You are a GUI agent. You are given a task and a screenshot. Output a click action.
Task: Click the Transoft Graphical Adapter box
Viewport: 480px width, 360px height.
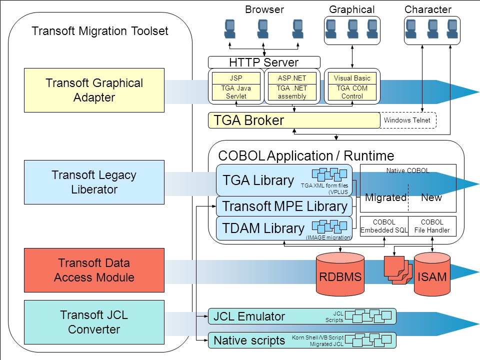pyautogui.click(x=94, y=90)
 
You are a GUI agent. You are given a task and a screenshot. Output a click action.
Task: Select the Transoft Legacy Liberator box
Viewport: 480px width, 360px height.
pyautogui.click(x=94, y=182)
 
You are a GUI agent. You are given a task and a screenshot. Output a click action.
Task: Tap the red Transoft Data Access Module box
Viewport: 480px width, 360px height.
pyautogui.click(x=94, y=270)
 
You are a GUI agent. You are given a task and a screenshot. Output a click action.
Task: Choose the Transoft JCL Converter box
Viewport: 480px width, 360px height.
pyautogui.click(x=94, y=322)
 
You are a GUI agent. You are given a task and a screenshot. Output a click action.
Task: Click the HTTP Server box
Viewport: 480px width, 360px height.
pyautogui.click(x=264, y=62)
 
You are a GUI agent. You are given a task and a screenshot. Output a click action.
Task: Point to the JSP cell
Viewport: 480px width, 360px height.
pyautogui.click(x=236, y=78)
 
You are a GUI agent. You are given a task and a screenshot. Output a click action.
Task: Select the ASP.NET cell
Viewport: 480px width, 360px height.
pyautogui.click(x=291, y=78)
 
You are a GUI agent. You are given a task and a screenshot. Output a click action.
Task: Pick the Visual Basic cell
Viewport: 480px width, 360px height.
pyautogui.click(x=352, y=78)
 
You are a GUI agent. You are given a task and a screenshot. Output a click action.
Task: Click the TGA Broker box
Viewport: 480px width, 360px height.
pyautogui.click(x=294, y=120)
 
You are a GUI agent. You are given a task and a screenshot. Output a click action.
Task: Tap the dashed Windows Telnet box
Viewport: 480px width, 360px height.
pyautogui.click(x=408, y=120)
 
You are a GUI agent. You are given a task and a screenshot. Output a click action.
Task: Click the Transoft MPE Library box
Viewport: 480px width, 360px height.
pyautogui.click(x=284, y=206)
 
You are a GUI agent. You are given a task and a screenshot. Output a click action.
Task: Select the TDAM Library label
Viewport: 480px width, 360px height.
pyautogui.click(x=263, y=228)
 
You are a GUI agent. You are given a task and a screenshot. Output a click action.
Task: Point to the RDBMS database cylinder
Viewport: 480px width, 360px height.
pyautogui.click(x=340, y=274)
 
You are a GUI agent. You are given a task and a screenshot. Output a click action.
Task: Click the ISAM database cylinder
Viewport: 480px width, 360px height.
pyautogui.click(x=432, y=274)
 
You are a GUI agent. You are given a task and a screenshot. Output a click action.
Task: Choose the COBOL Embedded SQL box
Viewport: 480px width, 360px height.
pyautogui.click(x=384, y=226)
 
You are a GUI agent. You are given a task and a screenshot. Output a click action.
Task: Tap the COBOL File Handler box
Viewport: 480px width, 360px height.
pyautogui.click(x=432, y=226)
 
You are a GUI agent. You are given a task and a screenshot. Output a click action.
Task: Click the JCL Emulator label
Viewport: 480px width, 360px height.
pyautogui.click(x=249, y=316)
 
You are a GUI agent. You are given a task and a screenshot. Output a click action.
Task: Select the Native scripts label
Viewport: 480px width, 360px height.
pyautogui.click(x=249, y=340)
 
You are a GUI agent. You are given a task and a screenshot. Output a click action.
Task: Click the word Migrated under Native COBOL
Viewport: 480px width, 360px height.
pyautogui.click(x=385, y=197)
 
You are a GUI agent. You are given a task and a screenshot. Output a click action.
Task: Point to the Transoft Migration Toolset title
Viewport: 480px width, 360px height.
pyautogui.click(x=100, y=31)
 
